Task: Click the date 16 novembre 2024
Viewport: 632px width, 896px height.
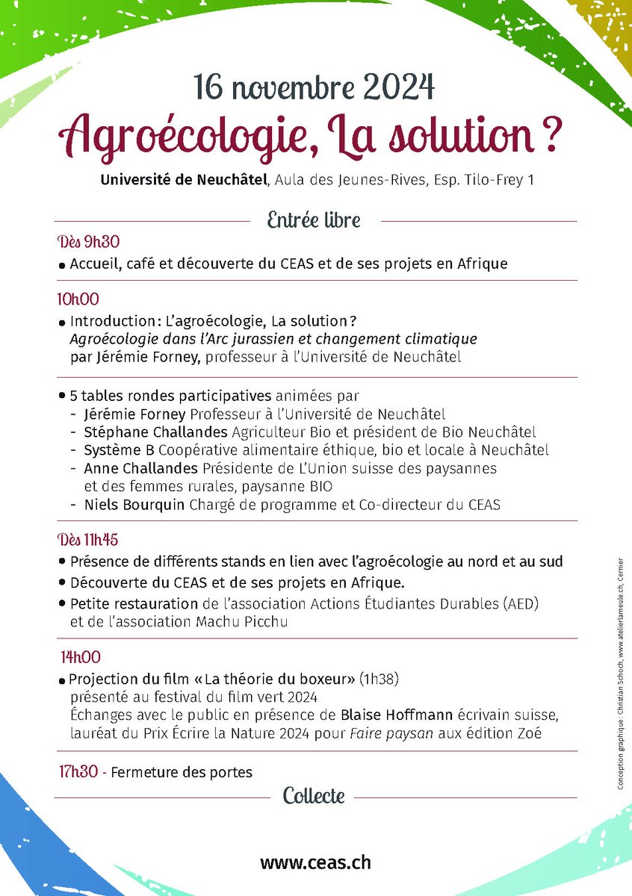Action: pyautogui.click(x=315, y=89)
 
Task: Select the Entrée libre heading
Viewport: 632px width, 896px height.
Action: pyautogui.click(x=314, y=220)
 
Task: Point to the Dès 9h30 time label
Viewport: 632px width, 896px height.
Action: pyautogui.click(x=88, y=242)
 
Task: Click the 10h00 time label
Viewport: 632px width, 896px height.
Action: pyautogui.click(x=78, y=299)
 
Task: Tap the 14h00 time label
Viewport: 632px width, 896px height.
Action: pyautogui.click(x=81, y=658)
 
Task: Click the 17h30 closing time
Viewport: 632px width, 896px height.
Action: pyautogui.click(x=78, y=772)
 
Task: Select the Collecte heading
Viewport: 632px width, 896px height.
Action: pyautogui.click(x=314, y=796)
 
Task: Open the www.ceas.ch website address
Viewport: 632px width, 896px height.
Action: pyautogui.click(x=315, y=862)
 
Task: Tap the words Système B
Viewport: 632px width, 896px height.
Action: pyautogui.click(x=114, y=449)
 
